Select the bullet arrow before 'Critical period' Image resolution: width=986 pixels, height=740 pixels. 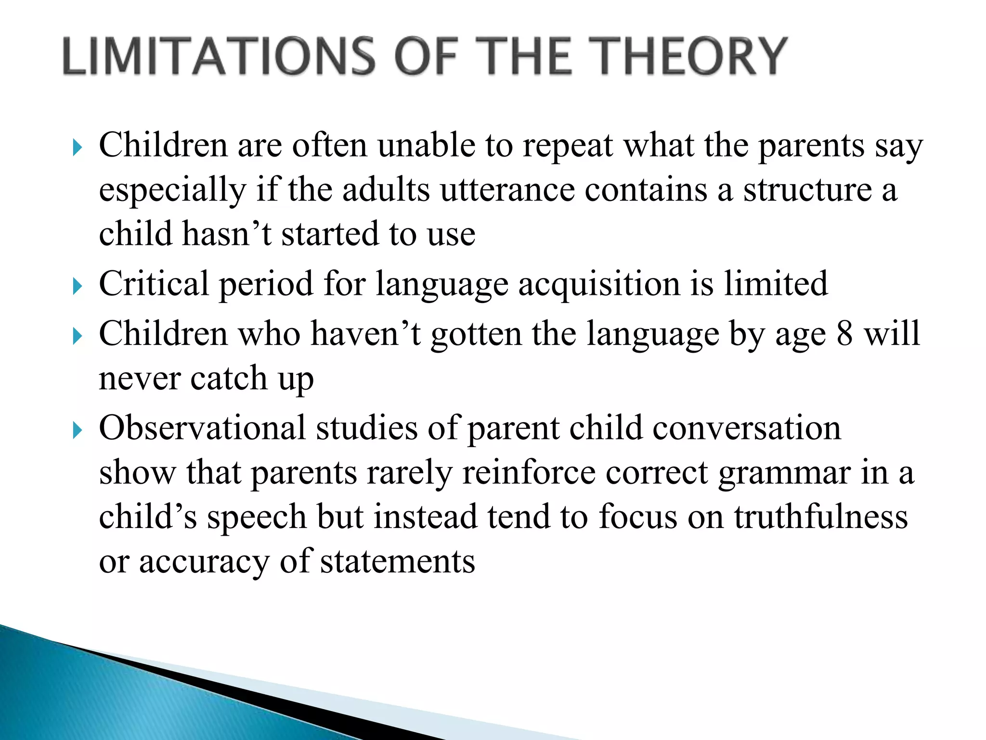(x=77, y=287)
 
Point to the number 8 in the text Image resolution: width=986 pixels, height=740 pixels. (x=844, y=333)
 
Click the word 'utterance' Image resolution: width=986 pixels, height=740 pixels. (x=507, y=190)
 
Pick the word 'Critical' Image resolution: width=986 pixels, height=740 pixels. (x=154, y=284)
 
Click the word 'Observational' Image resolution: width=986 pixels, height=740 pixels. (x=202, y=428)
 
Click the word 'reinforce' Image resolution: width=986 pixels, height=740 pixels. (x=528, y=473)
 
